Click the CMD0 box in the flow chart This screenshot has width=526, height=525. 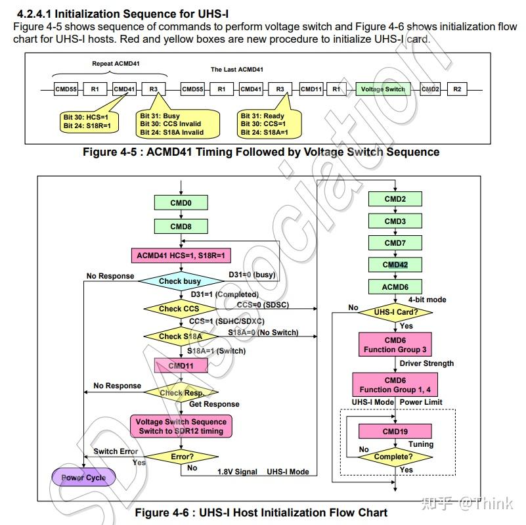click(x=181, y=203)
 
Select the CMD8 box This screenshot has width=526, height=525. click(x=181, y=226)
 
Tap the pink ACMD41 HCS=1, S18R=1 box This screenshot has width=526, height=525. click(x=181, y=256)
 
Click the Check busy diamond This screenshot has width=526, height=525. click(x=181, y=281)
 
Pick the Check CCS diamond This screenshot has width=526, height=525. click(x=181, y=308)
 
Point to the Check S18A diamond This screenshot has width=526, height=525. click(x=181, y=336)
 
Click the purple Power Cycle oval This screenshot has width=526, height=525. click(x=83, y=477)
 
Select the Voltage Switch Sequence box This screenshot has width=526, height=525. click(x=181, y=426)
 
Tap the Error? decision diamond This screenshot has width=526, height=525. click(x=181, y=457)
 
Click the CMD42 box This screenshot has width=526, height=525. click(x=395, y=265)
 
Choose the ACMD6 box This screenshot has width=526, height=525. click(x=395, y=287)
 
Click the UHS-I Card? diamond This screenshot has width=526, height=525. click(x=395, y=312)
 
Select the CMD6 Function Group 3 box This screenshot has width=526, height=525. click(x=395, y=344)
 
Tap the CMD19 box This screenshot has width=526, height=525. click(x=395, y=431)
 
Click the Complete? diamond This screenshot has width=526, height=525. click(x=395, y=457)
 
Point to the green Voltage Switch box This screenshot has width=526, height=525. click(x=383, y=89)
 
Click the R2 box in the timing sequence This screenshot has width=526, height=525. click(x=457, y=89)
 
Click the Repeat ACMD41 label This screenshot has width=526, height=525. click(x=116, y=64)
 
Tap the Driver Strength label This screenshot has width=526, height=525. click(x=427, y=363)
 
